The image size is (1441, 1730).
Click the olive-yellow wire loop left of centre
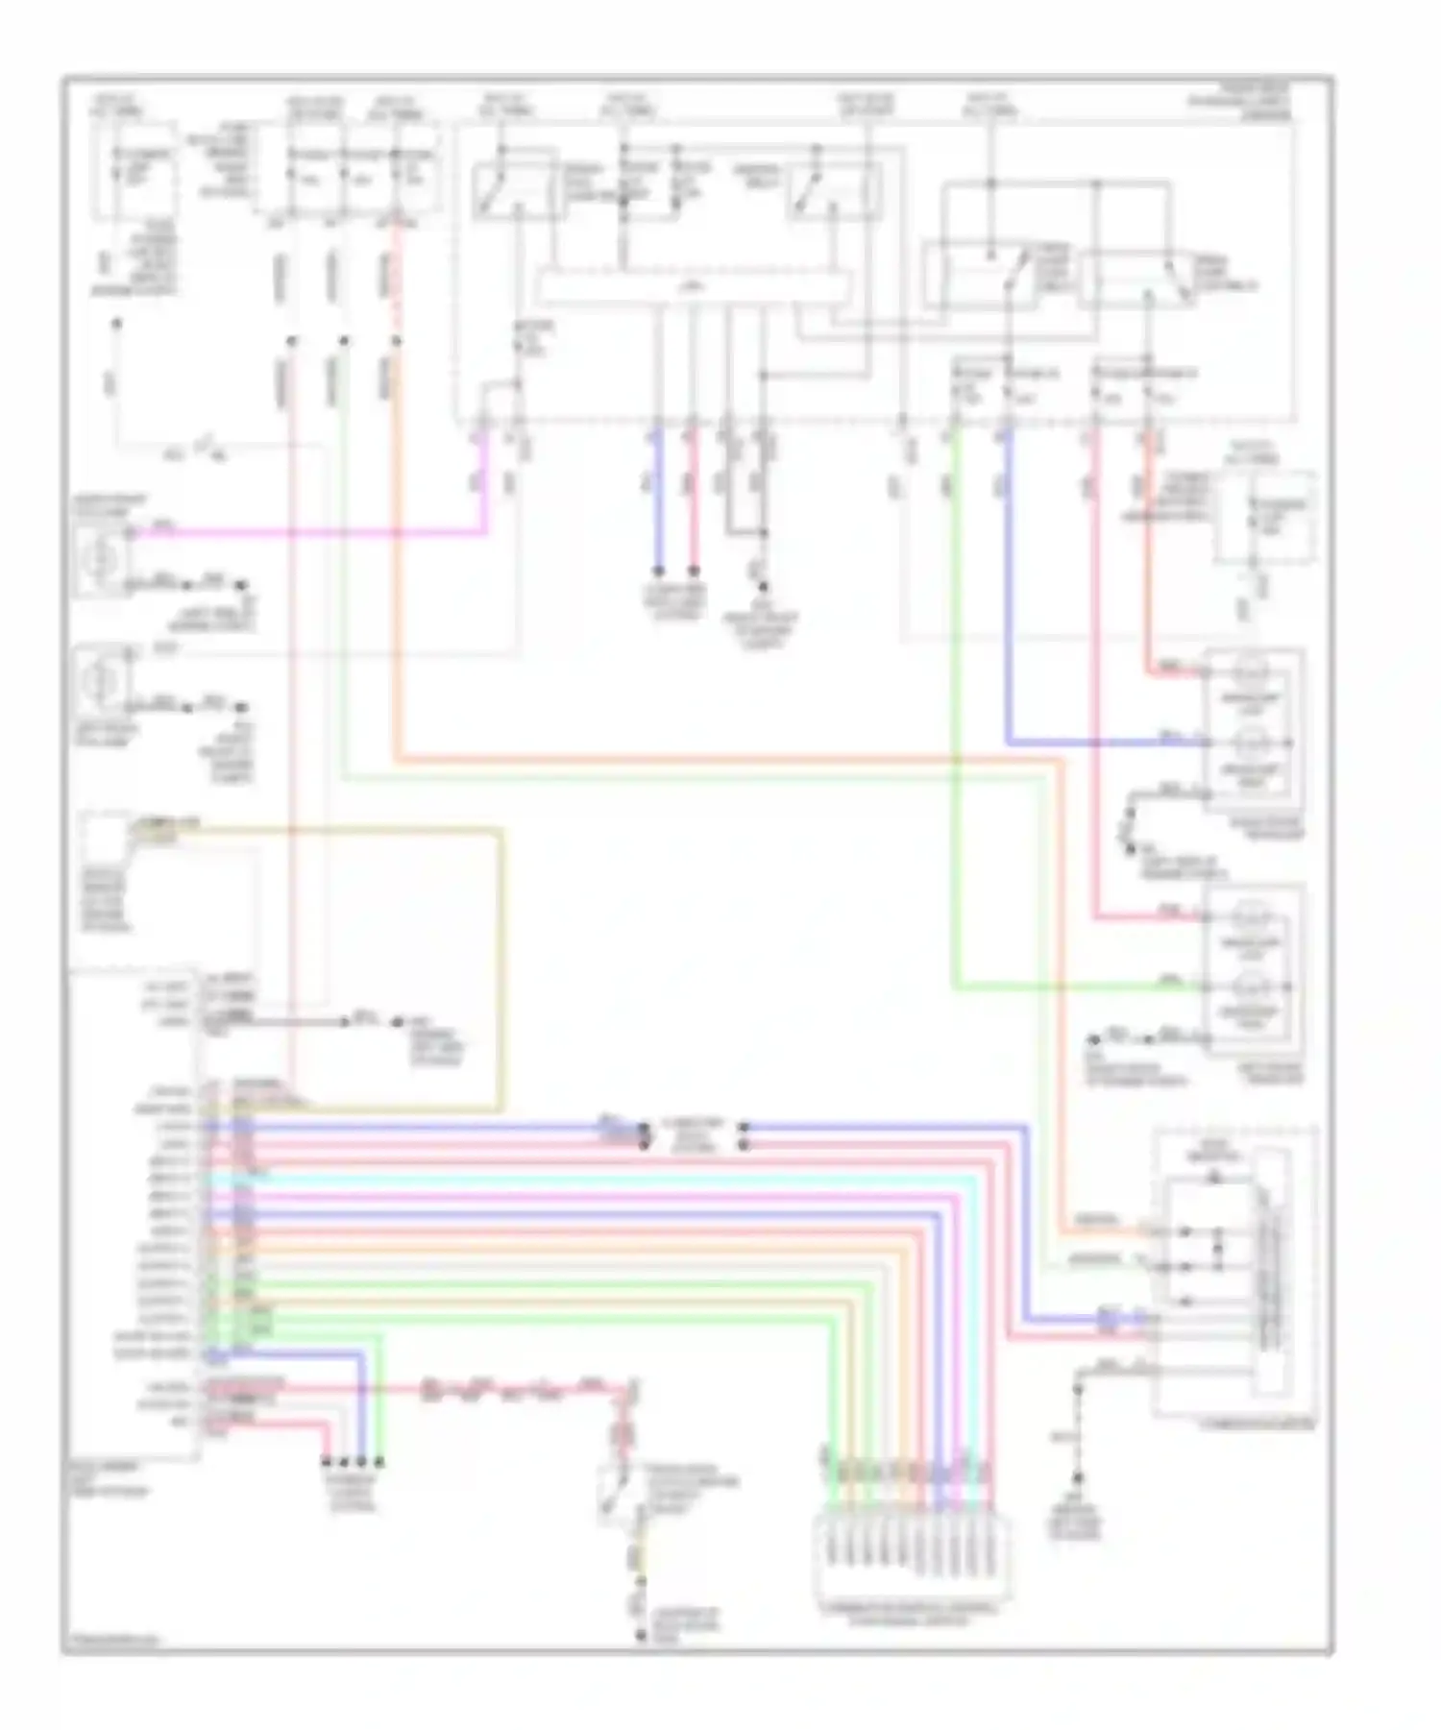point(500,961)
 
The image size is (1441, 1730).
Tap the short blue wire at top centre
point(658,500)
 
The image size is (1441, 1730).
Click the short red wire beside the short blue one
point(693,500)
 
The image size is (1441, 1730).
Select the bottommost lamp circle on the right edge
point(1251,986)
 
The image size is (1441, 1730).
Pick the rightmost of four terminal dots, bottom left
point(380,1462)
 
